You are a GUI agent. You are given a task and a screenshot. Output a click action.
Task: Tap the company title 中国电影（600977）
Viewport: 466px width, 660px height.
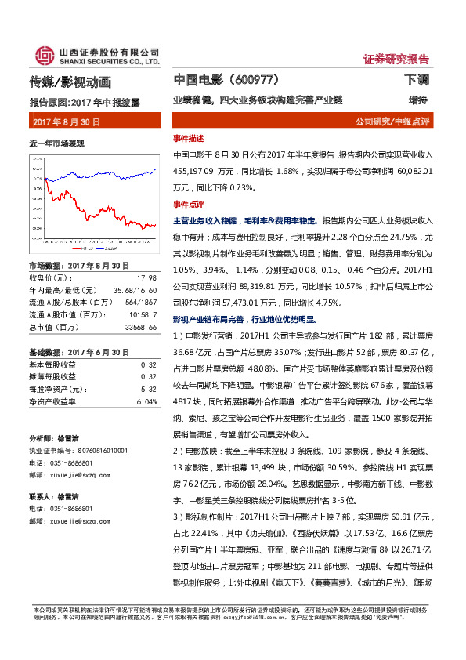226,80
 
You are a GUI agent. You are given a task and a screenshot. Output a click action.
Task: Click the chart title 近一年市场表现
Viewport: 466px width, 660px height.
56,143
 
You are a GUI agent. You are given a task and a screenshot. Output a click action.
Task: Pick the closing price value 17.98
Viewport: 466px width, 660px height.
146,277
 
